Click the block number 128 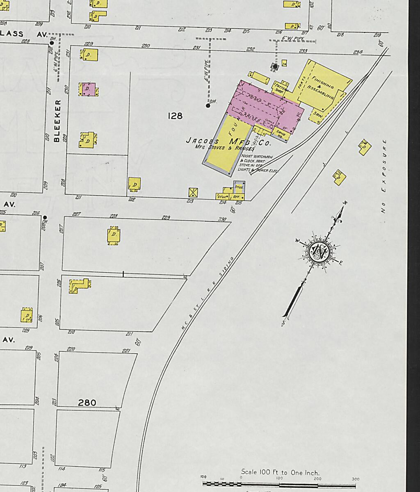click(x=175, y=116)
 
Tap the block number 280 click(x=87, y=403)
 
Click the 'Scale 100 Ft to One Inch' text click(x=280, y=472)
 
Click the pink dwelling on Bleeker click(x=88, y=89)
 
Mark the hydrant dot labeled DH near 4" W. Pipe click(x=208, y=106)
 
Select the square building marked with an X click(x=193, y=192)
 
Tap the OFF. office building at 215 click(x=237, y=196)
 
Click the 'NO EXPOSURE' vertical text click(x=383, y=176)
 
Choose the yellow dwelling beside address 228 click(x=114, y=235)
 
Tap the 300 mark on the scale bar click(x=355, y=479)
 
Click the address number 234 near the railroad click(x=358, y=52)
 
